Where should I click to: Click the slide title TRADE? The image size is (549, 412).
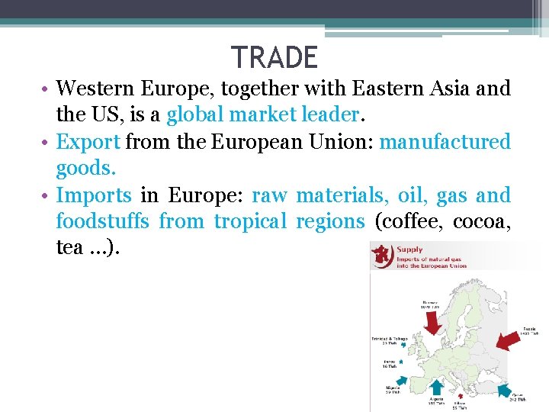pos(274,58)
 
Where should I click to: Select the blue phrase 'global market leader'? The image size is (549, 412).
pos(262,115)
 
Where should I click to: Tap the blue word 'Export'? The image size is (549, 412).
pos(88,142)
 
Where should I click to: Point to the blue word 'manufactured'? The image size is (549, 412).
pos(445,142)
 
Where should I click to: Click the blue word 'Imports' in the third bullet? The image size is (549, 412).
pos(94,195)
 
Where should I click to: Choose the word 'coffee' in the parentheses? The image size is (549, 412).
pos(415,222)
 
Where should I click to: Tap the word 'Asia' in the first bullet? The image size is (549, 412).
pos(454,89)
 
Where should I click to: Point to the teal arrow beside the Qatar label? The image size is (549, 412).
pos(506,392)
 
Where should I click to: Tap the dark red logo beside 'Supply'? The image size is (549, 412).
pos(380,255)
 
